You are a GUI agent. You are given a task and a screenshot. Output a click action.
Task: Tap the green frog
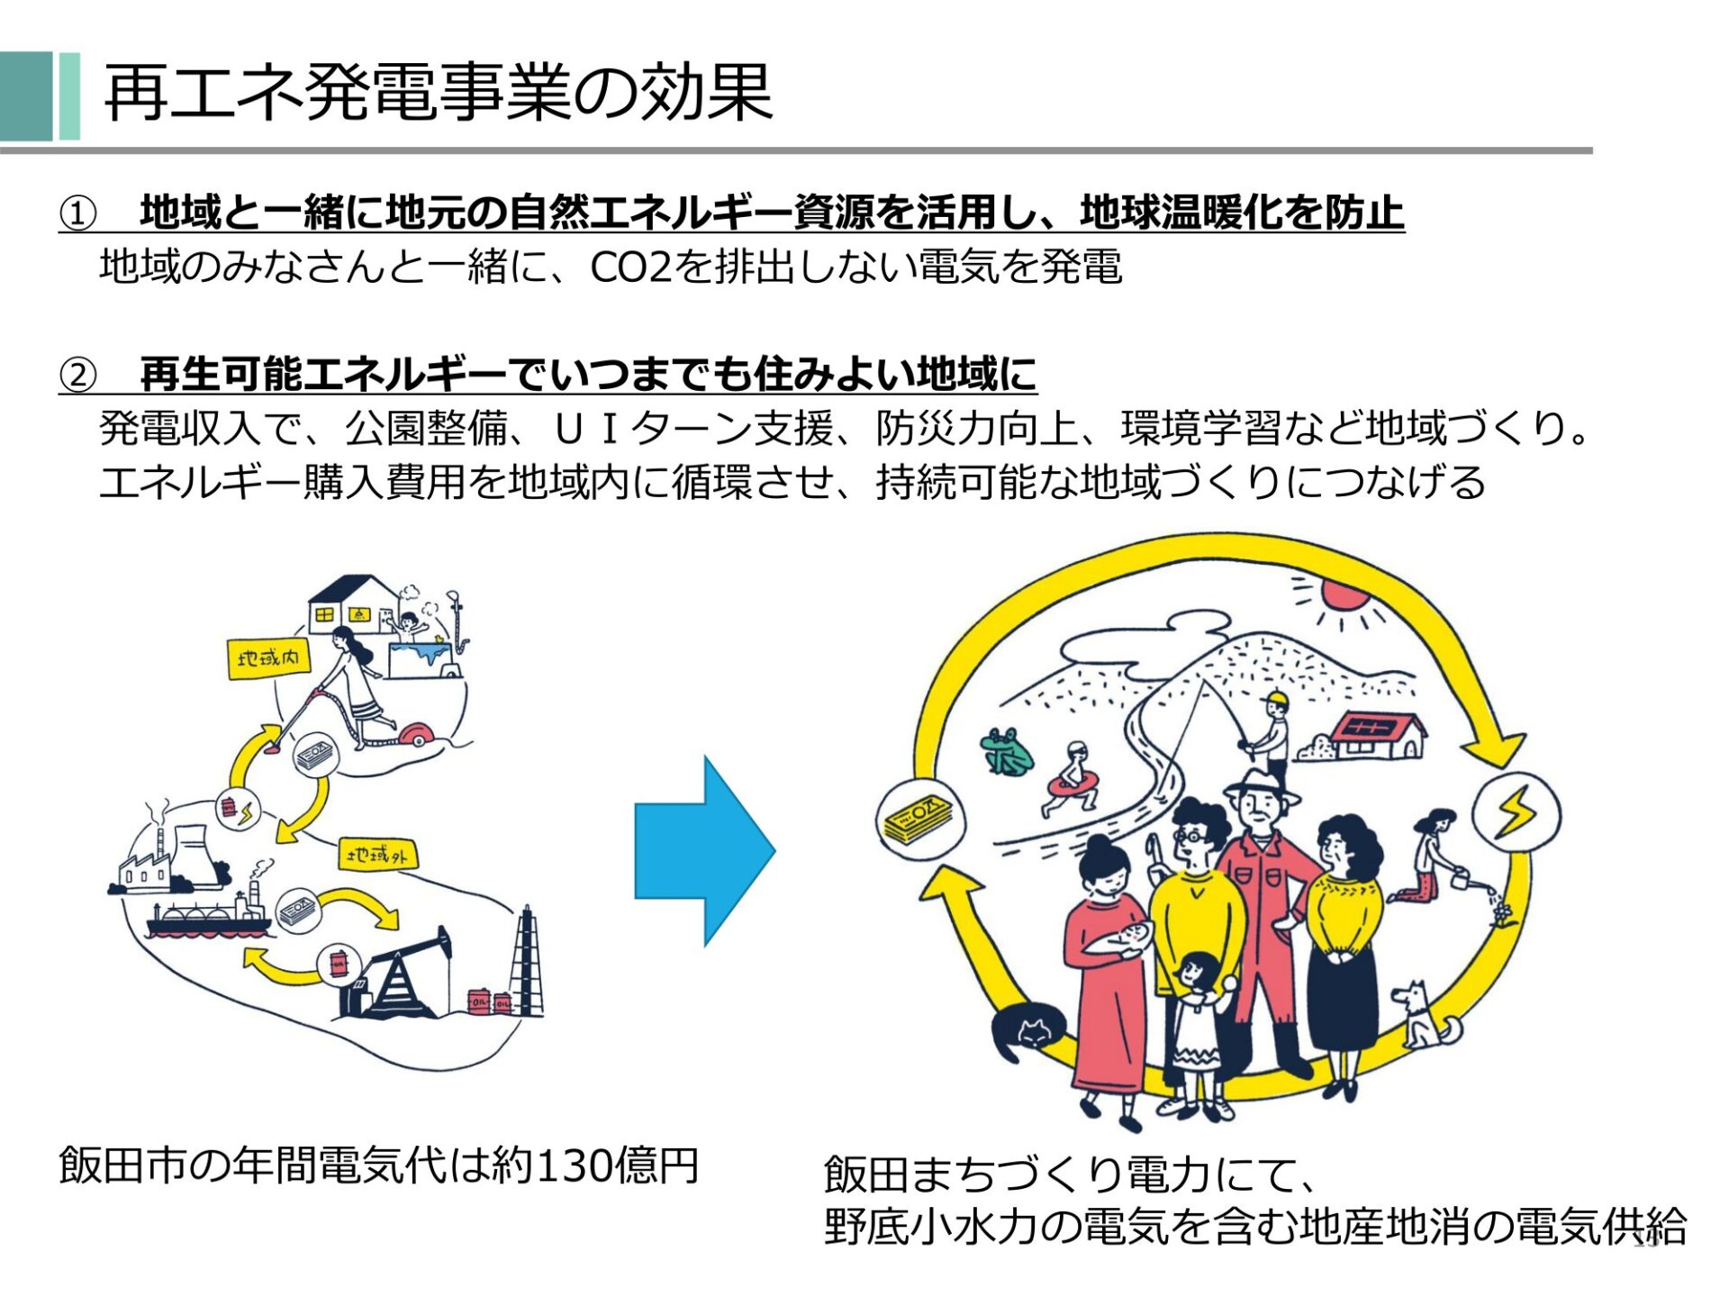[x=1005, y=752]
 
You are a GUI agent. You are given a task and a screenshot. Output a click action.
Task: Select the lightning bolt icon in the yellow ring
[x=1516, y=812]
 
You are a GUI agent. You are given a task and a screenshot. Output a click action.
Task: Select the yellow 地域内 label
[x=268, y=658]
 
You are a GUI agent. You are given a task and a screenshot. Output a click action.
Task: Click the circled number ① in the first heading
[x=77, y=214]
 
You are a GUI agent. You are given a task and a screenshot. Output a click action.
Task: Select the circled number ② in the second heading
[x=77, y=376]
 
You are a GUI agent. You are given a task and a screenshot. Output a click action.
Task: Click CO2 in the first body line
[x=630, y=268]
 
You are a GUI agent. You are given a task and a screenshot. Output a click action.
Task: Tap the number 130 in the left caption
[x=575, y=1165]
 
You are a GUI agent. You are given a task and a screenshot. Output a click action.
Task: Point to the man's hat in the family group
[x=1262, y=785]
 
